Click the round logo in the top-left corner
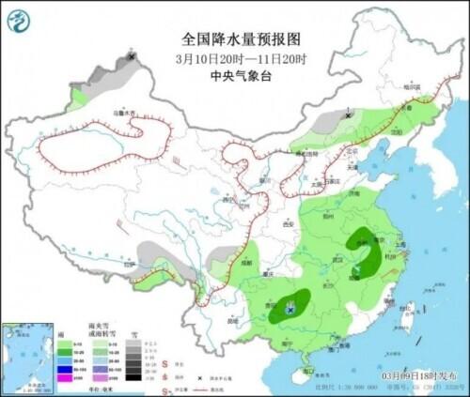pyautogui.click(x=22, y=22)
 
